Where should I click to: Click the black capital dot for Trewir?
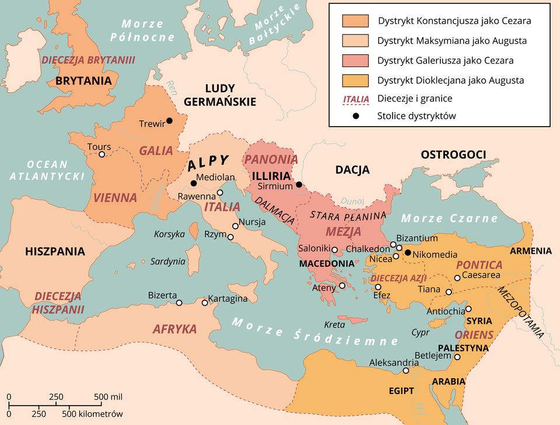[169, 121]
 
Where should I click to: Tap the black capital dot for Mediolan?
[193, 183]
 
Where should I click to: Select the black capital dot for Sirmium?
[299, 185]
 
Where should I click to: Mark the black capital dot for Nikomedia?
[408, 253]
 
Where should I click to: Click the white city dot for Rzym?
[230, 237]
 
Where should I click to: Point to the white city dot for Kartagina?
[205, 302]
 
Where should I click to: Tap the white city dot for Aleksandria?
[406, 370]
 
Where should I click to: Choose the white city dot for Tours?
[101, 154]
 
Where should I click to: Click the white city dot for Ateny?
[342, 285]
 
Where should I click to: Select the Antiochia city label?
[446, 311]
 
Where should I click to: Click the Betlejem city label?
[433, 355]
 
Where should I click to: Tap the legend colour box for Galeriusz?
[355, 60]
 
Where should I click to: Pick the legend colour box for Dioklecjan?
[355, 80]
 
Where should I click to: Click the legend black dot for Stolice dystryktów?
[355, 116]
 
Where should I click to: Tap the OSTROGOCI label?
[453, 154]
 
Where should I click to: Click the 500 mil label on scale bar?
[108, 397]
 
